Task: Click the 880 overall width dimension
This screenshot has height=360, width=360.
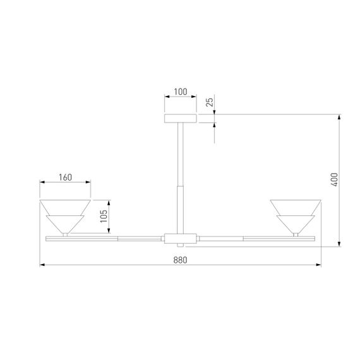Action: point(180,259)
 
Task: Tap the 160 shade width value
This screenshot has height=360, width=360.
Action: point(65,177)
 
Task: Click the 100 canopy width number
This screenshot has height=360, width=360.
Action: point(180,92)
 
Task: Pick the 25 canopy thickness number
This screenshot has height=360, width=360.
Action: point(210,101)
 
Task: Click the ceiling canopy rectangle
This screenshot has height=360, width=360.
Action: point(181,118)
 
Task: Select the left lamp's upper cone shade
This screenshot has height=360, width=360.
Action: point(65,207)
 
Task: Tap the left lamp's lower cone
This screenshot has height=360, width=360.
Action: point(65,224)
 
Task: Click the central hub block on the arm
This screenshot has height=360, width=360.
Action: point(181,239)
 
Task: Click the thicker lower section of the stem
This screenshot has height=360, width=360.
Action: point(181,208)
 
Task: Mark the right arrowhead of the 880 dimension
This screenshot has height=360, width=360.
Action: point(319,265)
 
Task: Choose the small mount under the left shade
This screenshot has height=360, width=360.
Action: point(65,235)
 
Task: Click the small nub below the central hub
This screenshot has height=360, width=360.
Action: point(181,246)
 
